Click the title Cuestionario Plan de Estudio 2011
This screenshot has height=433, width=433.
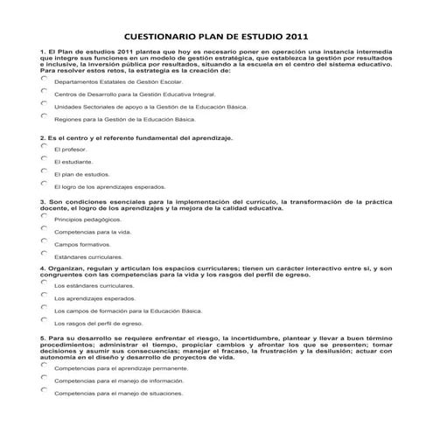tap(216, 38)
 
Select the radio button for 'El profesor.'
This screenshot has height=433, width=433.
tap(44, 146)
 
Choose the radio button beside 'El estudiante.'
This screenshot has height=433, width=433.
tap(44, 158)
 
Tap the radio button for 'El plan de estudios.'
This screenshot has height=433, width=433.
tap(44, 171)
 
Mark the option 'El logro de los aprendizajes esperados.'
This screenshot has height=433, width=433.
tap(44, 184)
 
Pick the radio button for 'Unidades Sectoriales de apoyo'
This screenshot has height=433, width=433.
tap(44, 102)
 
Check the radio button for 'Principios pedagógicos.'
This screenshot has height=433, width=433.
tap(44, 216)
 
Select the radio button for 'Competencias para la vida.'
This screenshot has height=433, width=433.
tap(44, 228)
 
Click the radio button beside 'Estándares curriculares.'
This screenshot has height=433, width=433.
tap(44, 254)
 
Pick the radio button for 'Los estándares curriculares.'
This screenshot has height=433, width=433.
tap(44, 283)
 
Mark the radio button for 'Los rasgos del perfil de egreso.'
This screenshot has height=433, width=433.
tap(44, 320)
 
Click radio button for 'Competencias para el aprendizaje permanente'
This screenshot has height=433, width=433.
tap(44, 365)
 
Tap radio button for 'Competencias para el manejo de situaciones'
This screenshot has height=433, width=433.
tap(44, 390)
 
